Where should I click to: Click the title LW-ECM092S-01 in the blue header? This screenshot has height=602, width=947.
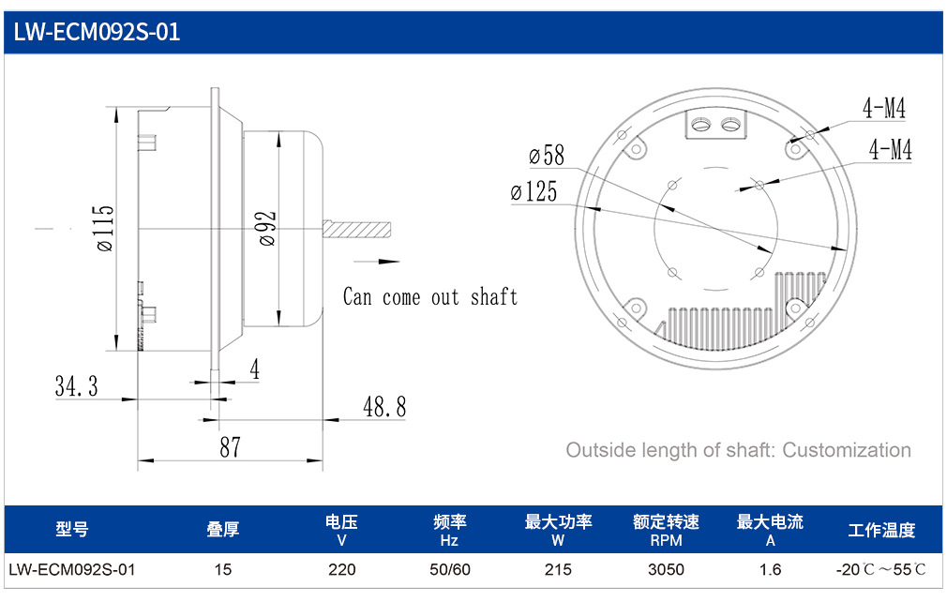(x=97, y=32)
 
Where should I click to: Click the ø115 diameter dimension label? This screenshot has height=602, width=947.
(x=104, y=228)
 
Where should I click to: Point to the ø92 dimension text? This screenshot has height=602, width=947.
(x=267, y=228)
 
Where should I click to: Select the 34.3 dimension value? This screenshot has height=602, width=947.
(x=77, y=385)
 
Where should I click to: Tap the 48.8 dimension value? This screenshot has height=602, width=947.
(x=384, y=407)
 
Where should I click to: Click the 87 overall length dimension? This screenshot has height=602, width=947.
(x=230, y=447)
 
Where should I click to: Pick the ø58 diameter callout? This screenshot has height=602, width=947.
(x=547, y=155)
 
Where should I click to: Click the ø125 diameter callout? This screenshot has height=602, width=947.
(x=534, y=191)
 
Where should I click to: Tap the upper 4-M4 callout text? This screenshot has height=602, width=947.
(x=884, y=109)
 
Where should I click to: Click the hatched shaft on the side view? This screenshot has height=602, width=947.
(x=356, y=230)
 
